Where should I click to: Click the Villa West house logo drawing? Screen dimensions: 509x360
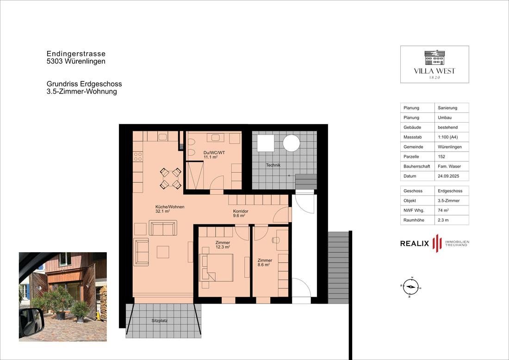pyautogui.click(x=435, y=57)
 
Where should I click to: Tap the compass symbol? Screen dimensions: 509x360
pyautogui.click(x=410, y=287)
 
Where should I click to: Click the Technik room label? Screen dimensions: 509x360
pyautogui.click(x=273, y=165)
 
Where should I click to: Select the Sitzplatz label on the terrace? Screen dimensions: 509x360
pyautogui.click(x=160, y=320)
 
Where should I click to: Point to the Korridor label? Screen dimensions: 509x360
pyautogui.click(x=241, y=211)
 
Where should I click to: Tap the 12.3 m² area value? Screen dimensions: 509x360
pyautogui.click(x=223, y=247)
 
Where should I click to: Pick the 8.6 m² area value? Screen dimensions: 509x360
pyautogui.click(x=264, y=265)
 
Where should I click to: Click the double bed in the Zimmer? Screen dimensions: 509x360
pyautogui.click(x=216, y=267)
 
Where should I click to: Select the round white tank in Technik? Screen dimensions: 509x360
pyautogui.click(x=291, y=143)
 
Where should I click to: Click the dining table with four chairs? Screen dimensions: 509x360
pyautogui.click(x=170, y=178)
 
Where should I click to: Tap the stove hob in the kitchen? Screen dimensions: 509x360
pyautogui.click(x=138, y=156)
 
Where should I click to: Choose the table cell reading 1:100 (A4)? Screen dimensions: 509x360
pyautogui.click(x=452, y=137)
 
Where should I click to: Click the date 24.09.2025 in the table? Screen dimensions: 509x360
pyautogui.click(x=452, y=176)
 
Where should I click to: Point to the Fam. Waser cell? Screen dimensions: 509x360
pyautogui.click(x=452, y=166)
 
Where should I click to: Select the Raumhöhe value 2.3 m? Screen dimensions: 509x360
pyautogui.click(x=452, y=220)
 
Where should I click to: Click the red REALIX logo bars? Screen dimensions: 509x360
pyautogui.click(x=437, y=243)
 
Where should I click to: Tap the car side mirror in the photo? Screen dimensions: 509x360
pyautogui.click(x=31, y=323)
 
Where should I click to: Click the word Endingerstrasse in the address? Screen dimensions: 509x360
pyautogui.click(x=76, y=54)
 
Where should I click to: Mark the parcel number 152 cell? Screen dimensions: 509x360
pyautogui.click(x=452, y=156)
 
